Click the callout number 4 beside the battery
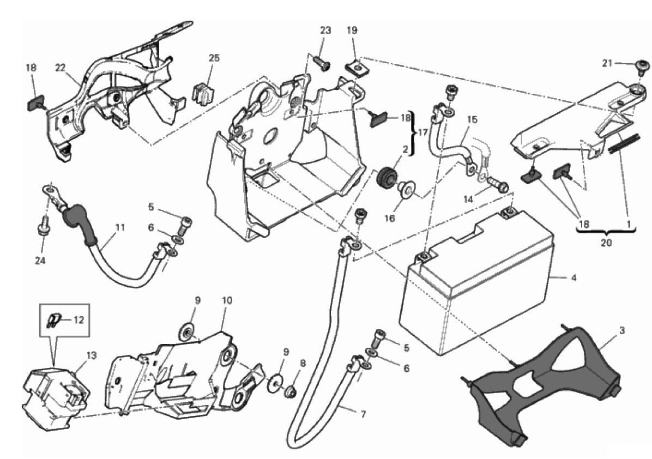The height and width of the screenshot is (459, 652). tap(574, 277)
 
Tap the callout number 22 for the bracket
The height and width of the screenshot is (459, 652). tap(61, 68)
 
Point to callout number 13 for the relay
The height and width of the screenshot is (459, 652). tap(92, 355)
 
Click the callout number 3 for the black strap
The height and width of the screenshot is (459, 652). tap(621, 331)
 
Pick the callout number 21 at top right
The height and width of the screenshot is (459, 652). tap(607, 63)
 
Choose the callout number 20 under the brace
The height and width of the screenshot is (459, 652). tap(606, 242)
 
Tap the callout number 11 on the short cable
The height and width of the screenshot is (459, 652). tap(120, 227)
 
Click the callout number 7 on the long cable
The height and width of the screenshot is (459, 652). tap(363, 414)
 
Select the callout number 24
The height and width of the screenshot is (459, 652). tap(40, 261)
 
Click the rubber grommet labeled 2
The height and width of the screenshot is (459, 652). tap(385, 178)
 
